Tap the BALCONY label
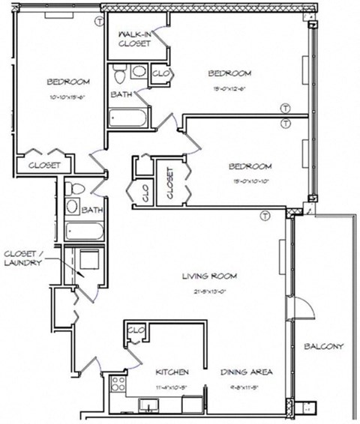coord(323,346)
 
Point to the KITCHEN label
coord(172,372)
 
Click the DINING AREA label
coord(245,372)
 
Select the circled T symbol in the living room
coord(264,216)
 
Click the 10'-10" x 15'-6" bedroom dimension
coord(68,97)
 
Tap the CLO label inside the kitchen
coord(136,330)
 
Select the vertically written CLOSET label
coord(169,183)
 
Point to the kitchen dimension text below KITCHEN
coord(172,387)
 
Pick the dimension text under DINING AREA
coord(245,387)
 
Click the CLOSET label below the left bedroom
coord(45,165)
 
